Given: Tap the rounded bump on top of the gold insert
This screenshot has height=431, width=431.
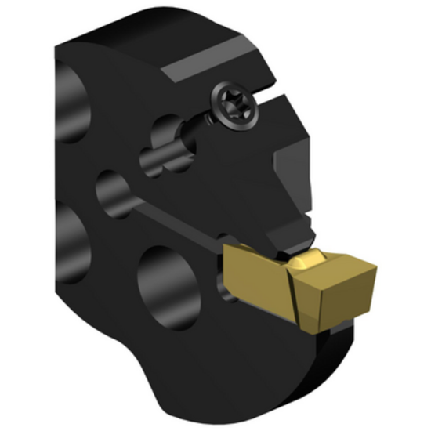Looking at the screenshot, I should pos(308,259).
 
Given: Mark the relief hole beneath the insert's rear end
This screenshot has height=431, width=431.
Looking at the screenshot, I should pos(229,294).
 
